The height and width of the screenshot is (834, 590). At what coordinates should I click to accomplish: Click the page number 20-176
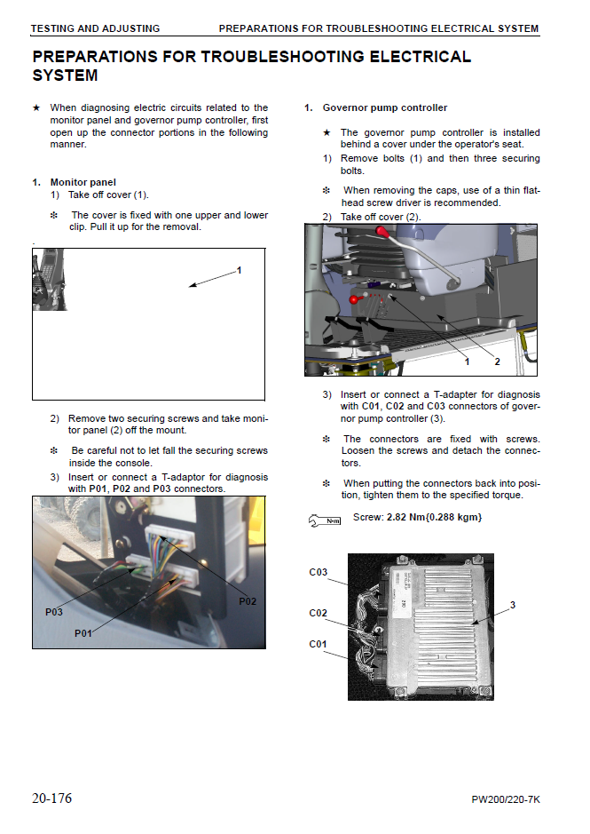(x=51, y=798)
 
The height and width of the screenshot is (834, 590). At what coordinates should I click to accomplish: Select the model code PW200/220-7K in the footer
(x=506, y=799)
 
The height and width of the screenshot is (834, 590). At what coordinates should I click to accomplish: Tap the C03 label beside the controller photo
(x=319, y=572)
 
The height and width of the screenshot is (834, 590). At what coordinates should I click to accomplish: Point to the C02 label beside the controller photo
(x=319, y=613)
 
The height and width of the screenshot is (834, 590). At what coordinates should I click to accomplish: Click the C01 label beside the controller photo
(x=319, y=644)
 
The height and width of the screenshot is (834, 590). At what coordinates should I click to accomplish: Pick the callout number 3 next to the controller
(x=513, y=605)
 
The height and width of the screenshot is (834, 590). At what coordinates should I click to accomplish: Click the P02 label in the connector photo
(x=248, y=601)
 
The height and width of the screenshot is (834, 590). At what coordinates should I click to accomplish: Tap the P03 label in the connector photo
(x=54, y=612)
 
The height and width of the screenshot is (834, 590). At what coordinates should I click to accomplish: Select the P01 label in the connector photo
(x=83, y=633)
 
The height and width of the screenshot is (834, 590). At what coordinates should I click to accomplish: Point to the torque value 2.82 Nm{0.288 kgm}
(x=435, y=517)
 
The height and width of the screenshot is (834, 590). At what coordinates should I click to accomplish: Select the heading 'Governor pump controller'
(x=384, y=108)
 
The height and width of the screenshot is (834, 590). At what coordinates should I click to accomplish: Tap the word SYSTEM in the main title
(x=65, y=76)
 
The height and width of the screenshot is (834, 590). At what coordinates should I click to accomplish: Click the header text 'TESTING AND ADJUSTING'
(x=95, y=28)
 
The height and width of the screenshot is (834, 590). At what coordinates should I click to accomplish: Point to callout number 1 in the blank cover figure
(x=239, y=269)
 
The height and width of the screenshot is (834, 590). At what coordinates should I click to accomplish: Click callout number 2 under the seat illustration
(x=497, y=361)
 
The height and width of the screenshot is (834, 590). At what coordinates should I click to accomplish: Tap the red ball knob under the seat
(x=354, y=300)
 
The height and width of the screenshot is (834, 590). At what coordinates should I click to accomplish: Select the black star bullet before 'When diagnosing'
(x=36, y=108)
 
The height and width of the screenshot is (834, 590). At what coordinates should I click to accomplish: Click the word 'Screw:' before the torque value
(x=368, y=517)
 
